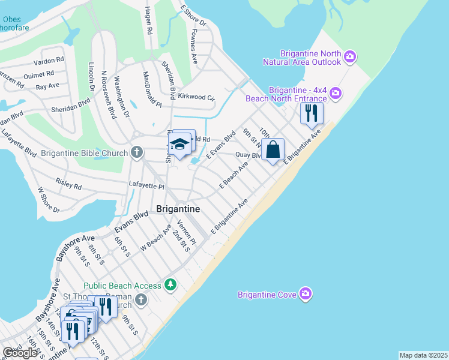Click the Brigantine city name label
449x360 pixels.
tap(178, 209)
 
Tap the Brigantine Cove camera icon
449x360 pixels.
tap(306, 294)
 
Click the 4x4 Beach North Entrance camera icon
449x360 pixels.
tap(335, 93)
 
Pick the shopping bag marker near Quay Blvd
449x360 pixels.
tap(273, 149)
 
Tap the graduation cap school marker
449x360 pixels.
tap(179, 144)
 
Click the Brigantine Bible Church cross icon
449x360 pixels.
tap(137, 152)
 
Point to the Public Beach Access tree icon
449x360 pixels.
tap(171, 284)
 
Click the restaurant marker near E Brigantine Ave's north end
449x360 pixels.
tap(312, 112)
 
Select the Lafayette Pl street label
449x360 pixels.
tap(147, 187)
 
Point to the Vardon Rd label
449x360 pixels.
tap(49, 61)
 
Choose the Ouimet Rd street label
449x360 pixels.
tap(38, 74)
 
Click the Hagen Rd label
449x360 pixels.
tap(148, 21)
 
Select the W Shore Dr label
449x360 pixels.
tap(49, 200)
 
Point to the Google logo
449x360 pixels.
tap(20, 353)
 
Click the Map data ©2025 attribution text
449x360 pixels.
tap(423, 355)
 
